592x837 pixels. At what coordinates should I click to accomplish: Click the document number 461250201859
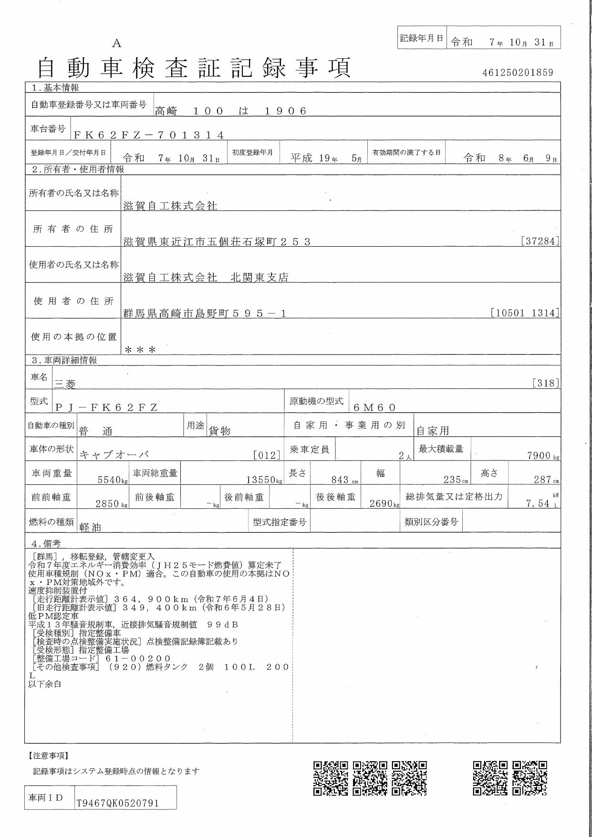[x=518, y=73]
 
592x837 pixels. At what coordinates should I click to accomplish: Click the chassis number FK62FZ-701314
[x=149, y=135]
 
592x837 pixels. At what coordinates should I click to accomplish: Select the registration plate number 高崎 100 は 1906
[x=230, y=111]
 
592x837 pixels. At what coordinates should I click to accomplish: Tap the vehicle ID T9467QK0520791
[x=117, y=803]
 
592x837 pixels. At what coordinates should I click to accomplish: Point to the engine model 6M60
[x=375, y=407]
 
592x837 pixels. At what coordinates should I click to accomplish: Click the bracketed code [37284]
[x=540, y=241]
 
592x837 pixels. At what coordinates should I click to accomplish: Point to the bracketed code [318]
[x=546, y=383]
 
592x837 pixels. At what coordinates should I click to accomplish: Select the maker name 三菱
[x=65, y=384]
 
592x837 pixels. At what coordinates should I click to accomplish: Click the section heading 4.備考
[x=46, y=544]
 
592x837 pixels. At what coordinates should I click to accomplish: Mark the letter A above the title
[x=117, y=43]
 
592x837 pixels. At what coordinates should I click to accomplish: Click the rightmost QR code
[x=530, y=778]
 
